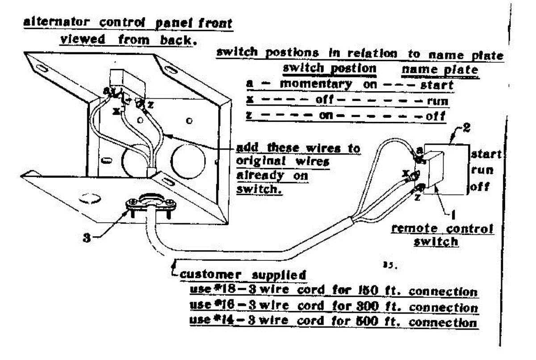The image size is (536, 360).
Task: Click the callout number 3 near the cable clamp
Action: coord(87,238)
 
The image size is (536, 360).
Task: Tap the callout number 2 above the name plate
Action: coord(466,128)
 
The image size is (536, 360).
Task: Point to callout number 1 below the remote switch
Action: coord(453,214)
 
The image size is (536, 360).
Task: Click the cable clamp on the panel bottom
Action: coord(151,203)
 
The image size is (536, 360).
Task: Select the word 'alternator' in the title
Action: coord(56,22)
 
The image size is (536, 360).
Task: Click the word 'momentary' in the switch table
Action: coord(316,84)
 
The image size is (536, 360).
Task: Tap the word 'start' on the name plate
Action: coord(486,154)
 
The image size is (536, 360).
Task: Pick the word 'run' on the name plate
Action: coord(482,171)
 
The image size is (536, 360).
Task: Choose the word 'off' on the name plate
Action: coord(480,187)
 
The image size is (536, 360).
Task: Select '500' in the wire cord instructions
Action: coord(367,321)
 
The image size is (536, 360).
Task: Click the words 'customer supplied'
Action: coord(243,275)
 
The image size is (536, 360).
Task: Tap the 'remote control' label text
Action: coord(443,229)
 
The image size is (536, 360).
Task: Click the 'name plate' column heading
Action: coord(440,70)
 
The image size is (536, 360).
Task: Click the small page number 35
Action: coord(390,265)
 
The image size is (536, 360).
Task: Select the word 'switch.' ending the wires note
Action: coord(260,189)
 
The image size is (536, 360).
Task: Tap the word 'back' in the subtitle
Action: coord(178,40)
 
